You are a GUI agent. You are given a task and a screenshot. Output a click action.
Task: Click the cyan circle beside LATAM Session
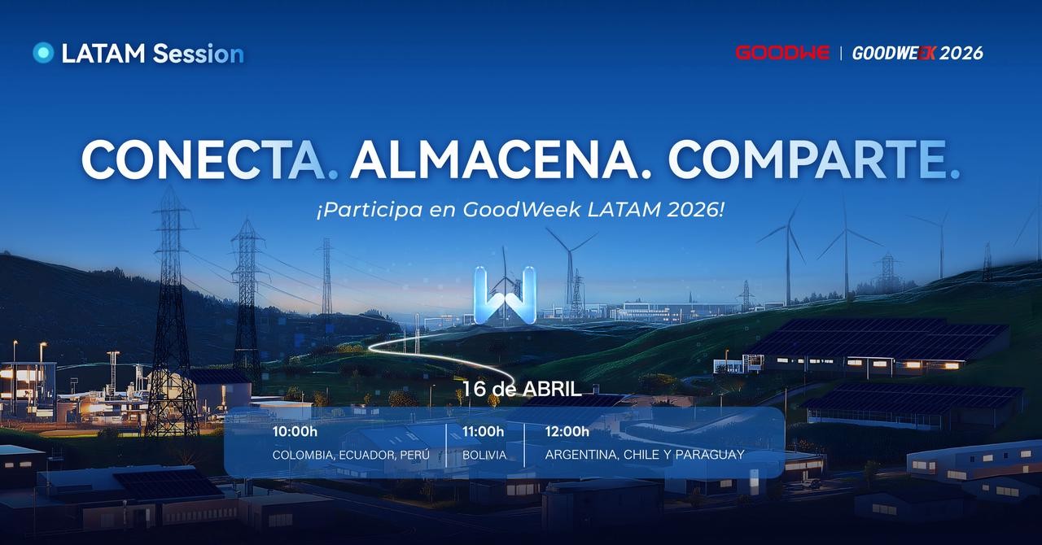(x=43, y=53)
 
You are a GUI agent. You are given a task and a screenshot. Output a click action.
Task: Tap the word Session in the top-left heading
(x=198, y=54)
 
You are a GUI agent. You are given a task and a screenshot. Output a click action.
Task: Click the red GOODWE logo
(x=782, y=53)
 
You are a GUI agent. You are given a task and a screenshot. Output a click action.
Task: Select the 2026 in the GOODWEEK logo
(x=961, y=54)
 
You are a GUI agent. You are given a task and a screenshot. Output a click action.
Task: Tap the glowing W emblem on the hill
(x=505, y=295)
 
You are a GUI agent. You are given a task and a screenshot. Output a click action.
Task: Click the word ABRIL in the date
(x=552, y=389)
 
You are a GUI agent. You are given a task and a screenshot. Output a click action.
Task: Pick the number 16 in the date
(x=474, y=389)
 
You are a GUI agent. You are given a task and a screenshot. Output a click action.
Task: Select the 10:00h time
(x=295, y=432)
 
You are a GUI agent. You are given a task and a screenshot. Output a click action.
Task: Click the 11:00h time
(x=483, y=432)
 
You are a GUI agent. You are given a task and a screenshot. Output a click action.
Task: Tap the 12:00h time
(x=567, y=432)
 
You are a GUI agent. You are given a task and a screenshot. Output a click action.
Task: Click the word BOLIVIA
(x=484, y=455)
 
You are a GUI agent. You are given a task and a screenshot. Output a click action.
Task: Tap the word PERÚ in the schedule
(x=415, y=455)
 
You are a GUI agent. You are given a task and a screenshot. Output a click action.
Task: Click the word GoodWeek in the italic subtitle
(x=522, y=210)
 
